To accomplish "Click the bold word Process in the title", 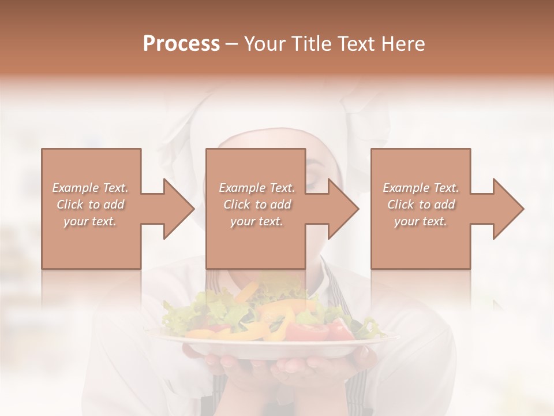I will [x=181, y=44].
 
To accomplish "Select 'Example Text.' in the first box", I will [x=90, y=188].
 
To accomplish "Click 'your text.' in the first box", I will [x=90, y=221].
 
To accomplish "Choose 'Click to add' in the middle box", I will [x=257, y=205].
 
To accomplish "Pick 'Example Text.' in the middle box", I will [x=257, y=188].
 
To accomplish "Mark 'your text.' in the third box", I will [x=421, y=221].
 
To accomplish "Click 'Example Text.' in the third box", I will [x=421, y=188].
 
